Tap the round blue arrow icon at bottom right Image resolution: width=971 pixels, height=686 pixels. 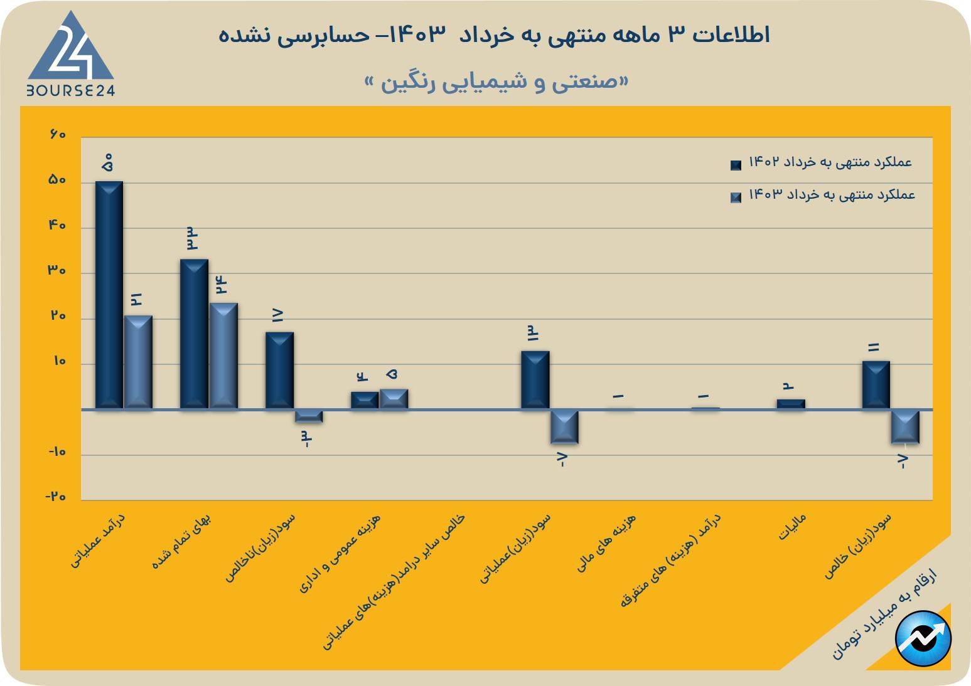[x=923, y=638]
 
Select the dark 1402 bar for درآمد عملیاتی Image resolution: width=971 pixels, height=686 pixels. [x=109, y=295]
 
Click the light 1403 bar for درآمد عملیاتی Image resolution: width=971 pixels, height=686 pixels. [x=138, y=362]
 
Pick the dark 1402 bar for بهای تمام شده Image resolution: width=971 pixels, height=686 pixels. [x=194, y=334]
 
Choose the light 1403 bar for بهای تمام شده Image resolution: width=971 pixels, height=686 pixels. [x=223, y=356]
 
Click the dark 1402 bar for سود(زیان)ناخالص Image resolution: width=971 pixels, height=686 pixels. [x=279, y=370]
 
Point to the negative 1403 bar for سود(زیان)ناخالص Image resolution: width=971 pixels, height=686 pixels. [x=309, y=416]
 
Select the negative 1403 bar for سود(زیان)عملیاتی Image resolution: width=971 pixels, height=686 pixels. [x=564, y=426]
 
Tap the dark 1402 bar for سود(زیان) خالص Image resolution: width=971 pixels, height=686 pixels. [x=876, y=384]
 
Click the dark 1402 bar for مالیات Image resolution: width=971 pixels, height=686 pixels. [x=790, y=404]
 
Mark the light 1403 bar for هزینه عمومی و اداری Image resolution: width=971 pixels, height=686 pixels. [x=394, y=399]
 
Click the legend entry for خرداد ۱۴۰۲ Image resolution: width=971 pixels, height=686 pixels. [x=822, y=162]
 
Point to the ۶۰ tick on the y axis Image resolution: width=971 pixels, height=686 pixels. [x=57, y=135]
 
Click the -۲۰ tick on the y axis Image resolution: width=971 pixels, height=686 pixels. [x=56, y=496]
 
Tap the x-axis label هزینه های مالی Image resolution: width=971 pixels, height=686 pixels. [x=606, y=543]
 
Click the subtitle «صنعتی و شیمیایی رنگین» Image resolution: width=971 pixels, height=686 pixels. [x=496, y=82]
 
